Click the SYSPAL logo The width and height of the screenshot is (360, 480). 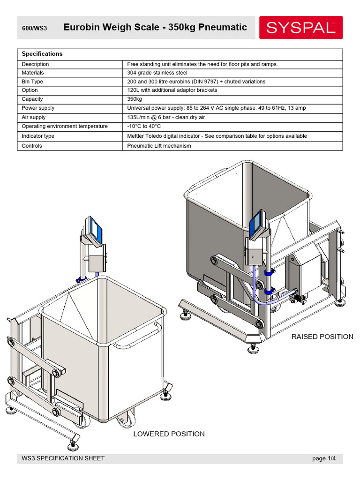click(x=301, y=28)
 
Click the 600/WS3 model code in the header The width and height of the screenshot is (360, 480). click(x=34, y=28)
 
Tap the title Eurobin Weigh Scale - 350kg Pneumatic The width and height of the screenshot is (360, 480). click(x=155, y=28)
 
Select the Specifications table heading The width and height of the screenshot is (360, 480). click(x=42, y=54)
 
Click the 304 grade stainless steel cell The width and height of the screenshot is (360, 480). click(x=157, y=73)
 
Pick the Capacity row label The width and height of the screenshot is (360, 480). click(x=32, y=99)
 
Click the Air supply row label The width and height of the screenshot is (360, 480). click(x=34, y=117)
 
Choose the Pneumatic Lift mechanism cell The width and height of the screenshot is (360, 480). click(x=159, y=146)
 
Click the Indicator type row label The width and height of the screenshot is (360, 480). click(x=38, y=136)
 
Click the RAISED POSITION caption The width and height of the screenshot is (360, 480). click(x=322, y=337)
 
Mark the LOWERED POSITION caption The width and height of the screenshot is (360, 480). click(x=169, y=434)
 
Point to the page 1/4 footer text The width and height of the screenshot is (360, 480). click(x=324, y=458)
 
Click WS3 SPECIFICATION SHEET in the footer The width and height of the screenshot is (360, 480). click(x=63, y=458)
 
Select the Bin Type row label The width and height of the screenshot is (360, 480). click(x=32, y=82)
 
